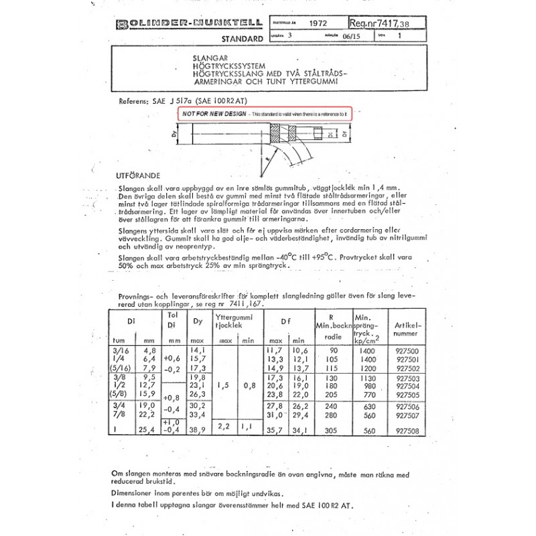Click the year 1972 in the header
(x=318, y=23)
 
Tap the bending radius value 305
(x=327, y=431)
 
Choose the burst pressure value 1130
(x=362, y=378)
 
